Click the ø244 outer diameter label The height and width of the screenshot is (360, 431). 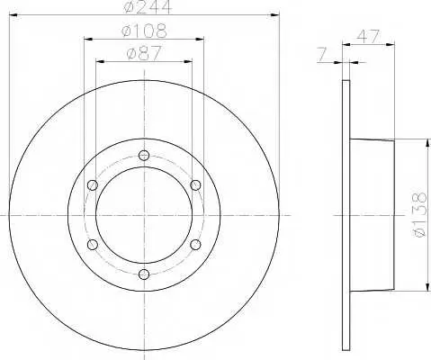pyautogui.click(x=148, y=6)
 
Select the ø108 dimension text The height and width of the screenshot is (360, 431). pyautogui.click(x=144, y=31)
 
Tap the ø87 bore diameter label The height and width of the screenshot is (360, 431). pyautogui.click(x=144, y=53)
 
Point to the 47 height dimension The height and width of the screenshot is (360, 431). pyautogui.click(x=368, y=36)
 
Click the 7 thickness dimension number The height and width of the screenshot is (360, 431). pyautogui.click(x=321, y=55)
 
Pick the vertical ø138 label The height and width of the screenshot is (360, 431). pyautogui.click(x=418, y=215)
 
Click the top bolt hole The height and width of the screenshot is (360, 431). pyautogui.click(x=144, y=155)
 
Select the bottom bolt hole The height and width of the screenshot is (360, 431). pyautogui.click(x=144, y=274)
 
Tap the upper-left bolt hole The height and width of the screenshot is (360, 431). pyautogui.click(x=93, y=184)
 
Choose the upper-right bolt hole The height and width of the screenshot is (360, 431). pyautogui.click(x=195, y=184)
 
